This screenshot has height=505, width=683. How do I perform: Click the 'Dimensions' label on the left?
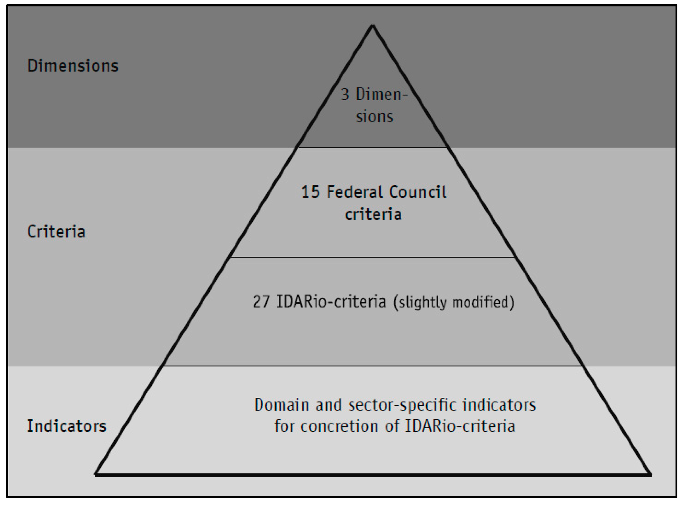pyautogui.click(x=73, y=66)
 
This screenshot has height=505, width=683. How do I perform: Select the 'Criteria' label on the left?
pyautogui.click(x=56, y=231)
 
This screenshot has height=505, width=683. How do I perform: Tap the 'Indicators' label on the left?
pyautogui.click(x=67, y=426)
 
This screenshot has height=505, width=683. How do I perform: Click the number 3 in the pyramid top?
pyautogui.click(x=345, y=94)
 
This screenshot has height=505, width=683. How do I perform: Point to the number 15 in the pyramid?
pyautogui.click(x=310, y=192)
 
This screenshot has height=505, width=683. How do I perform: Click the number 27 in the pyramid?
pyautogui.click(x=261, y=301)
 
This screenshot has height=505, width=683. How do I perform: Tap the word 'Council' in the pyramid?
pyautogui.click(x=418, y=192)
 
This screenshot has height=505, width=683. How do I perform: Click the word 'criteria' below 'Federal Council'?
pyautogui.click(x=373, y=214)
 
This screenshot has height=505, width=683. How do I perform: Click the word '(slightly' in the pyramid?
pyautogui.click(x=420, y=303)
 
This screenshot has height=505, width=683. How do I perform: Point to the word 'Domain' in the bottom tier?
pyautogui.click(x=282, y=405)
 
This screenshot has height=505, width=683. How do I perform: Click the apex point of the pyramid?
pyautogui.click(x=372, y=25)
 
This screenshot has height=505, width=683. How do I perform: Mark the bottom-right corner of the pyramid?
pyautogui.click(x=651, y=475)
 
